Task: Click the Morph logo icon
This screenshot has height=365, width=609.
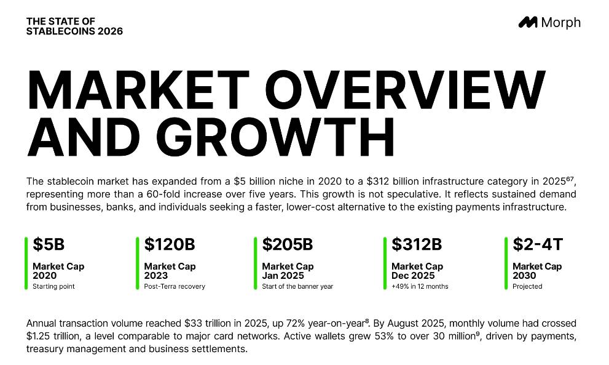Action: (x=528, y=22)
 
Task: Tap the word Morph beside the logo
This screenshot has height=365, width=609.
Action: (x=561, y=23)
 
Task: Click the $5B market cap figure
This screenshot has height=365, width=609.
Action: (x=49, y=244)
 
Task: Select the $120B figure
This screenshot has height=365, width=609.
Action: (x=170, y=244)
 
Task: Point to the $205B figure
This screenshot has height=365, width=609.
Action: (x=288, y=244)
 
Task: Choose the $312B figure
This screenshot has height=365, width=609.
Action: (x=417, y=244)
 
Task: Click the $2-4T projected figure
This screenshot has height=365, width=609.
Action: (x=538, y=244)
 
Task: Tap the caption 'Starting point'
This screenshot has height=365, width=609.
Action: (x=53, y=286)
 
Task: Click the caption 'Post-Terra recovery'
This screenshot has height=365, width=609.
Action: (x=175, y=286)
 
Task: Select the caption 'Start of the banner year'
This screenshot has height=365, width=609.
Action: (x=297, y=286)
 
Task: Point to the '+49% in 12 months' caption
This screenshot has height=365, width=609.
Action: (x=420, y=286)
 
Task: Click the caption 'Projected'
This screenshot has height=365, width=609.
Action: (x=527, y=286)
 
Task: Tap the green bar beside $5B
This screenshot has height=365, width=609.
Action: (x=26, y=263)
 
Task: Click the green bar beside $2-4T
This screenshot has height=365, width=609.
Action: (x=506, y=263)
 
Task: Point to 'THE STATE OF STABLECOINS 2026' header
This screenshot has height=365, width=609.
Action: (x=74, y=26)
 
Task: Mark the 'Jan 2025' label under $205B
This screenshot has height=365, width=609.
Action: (x=283, y=276)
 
